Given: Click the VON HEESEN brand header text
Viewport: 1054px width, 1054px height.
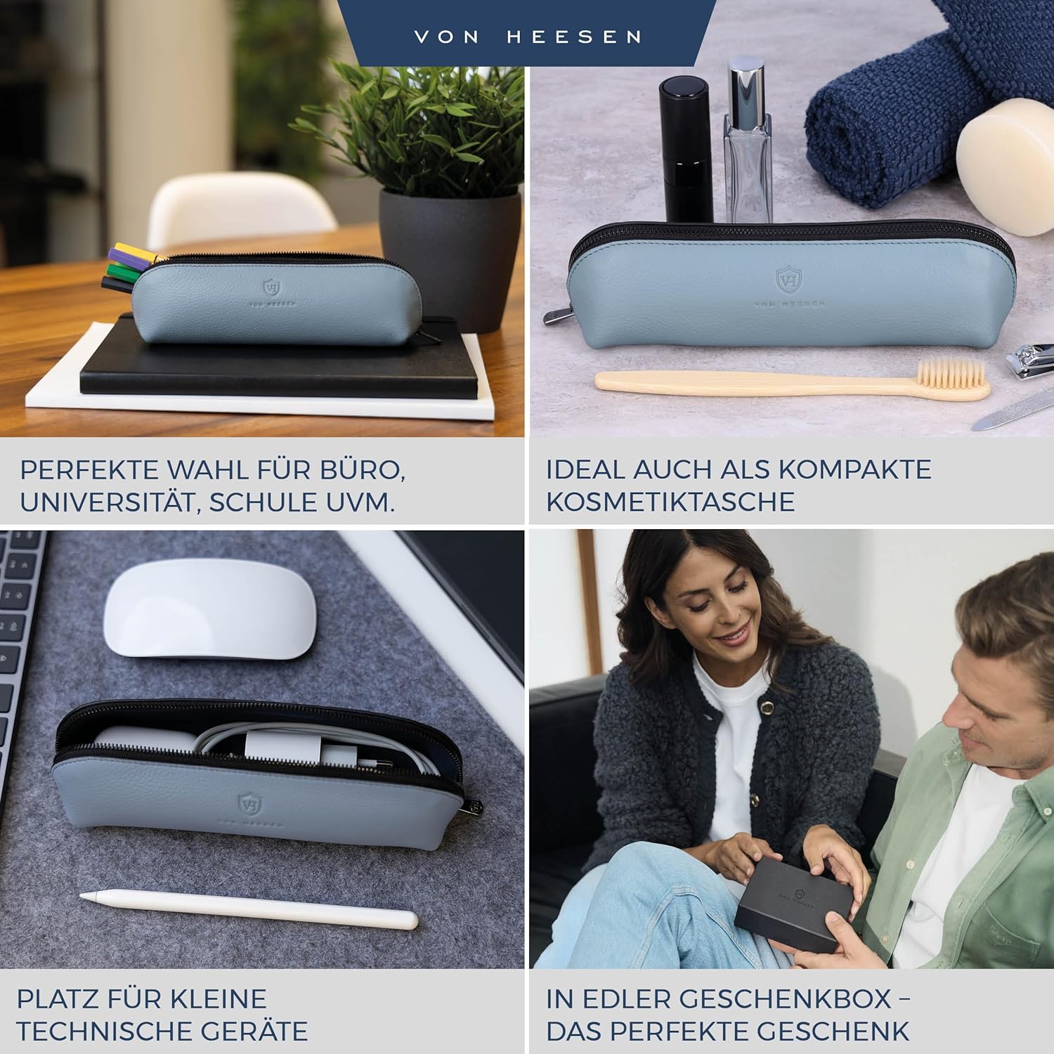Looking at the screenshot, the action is point(528,37).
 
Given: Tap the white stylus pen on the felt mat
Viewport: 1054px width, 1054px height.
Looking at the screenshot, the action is point(249,910).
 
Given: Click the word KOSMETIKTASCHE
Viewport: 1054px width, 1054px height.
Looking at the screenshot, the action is point(670,502).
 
